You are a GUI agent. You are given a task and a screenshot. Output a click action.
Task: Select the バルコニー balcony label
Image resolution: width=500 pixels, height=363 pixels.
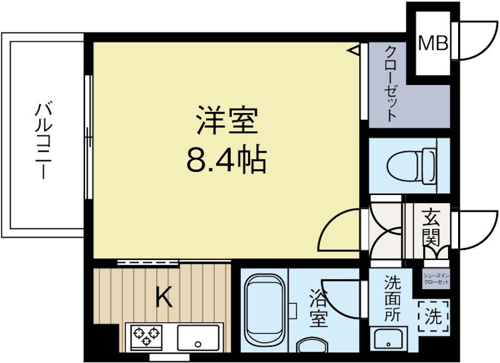(x=42, y=140)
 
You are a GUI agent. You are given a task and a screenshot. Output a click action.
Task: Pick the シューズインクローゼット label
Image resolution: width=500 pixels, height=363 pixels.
(x=436, y=278)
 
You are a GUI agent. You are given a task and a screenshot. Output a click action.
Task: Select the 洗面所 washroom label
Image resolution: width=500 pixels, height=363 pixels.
(x=392, y=299)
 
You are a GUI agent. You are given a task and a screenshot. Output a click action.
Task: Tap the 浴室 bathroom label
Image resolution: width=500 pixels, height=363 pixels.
(x=318, y=309)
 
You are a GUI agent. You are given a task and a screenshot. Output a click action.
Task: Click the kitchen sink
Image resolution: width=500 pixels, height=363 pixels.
(x=198, y=338)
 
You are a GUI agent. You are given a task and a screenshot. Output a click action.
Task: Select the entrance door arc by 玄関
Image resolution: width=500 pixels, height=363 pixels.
(x=477, y=230)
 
